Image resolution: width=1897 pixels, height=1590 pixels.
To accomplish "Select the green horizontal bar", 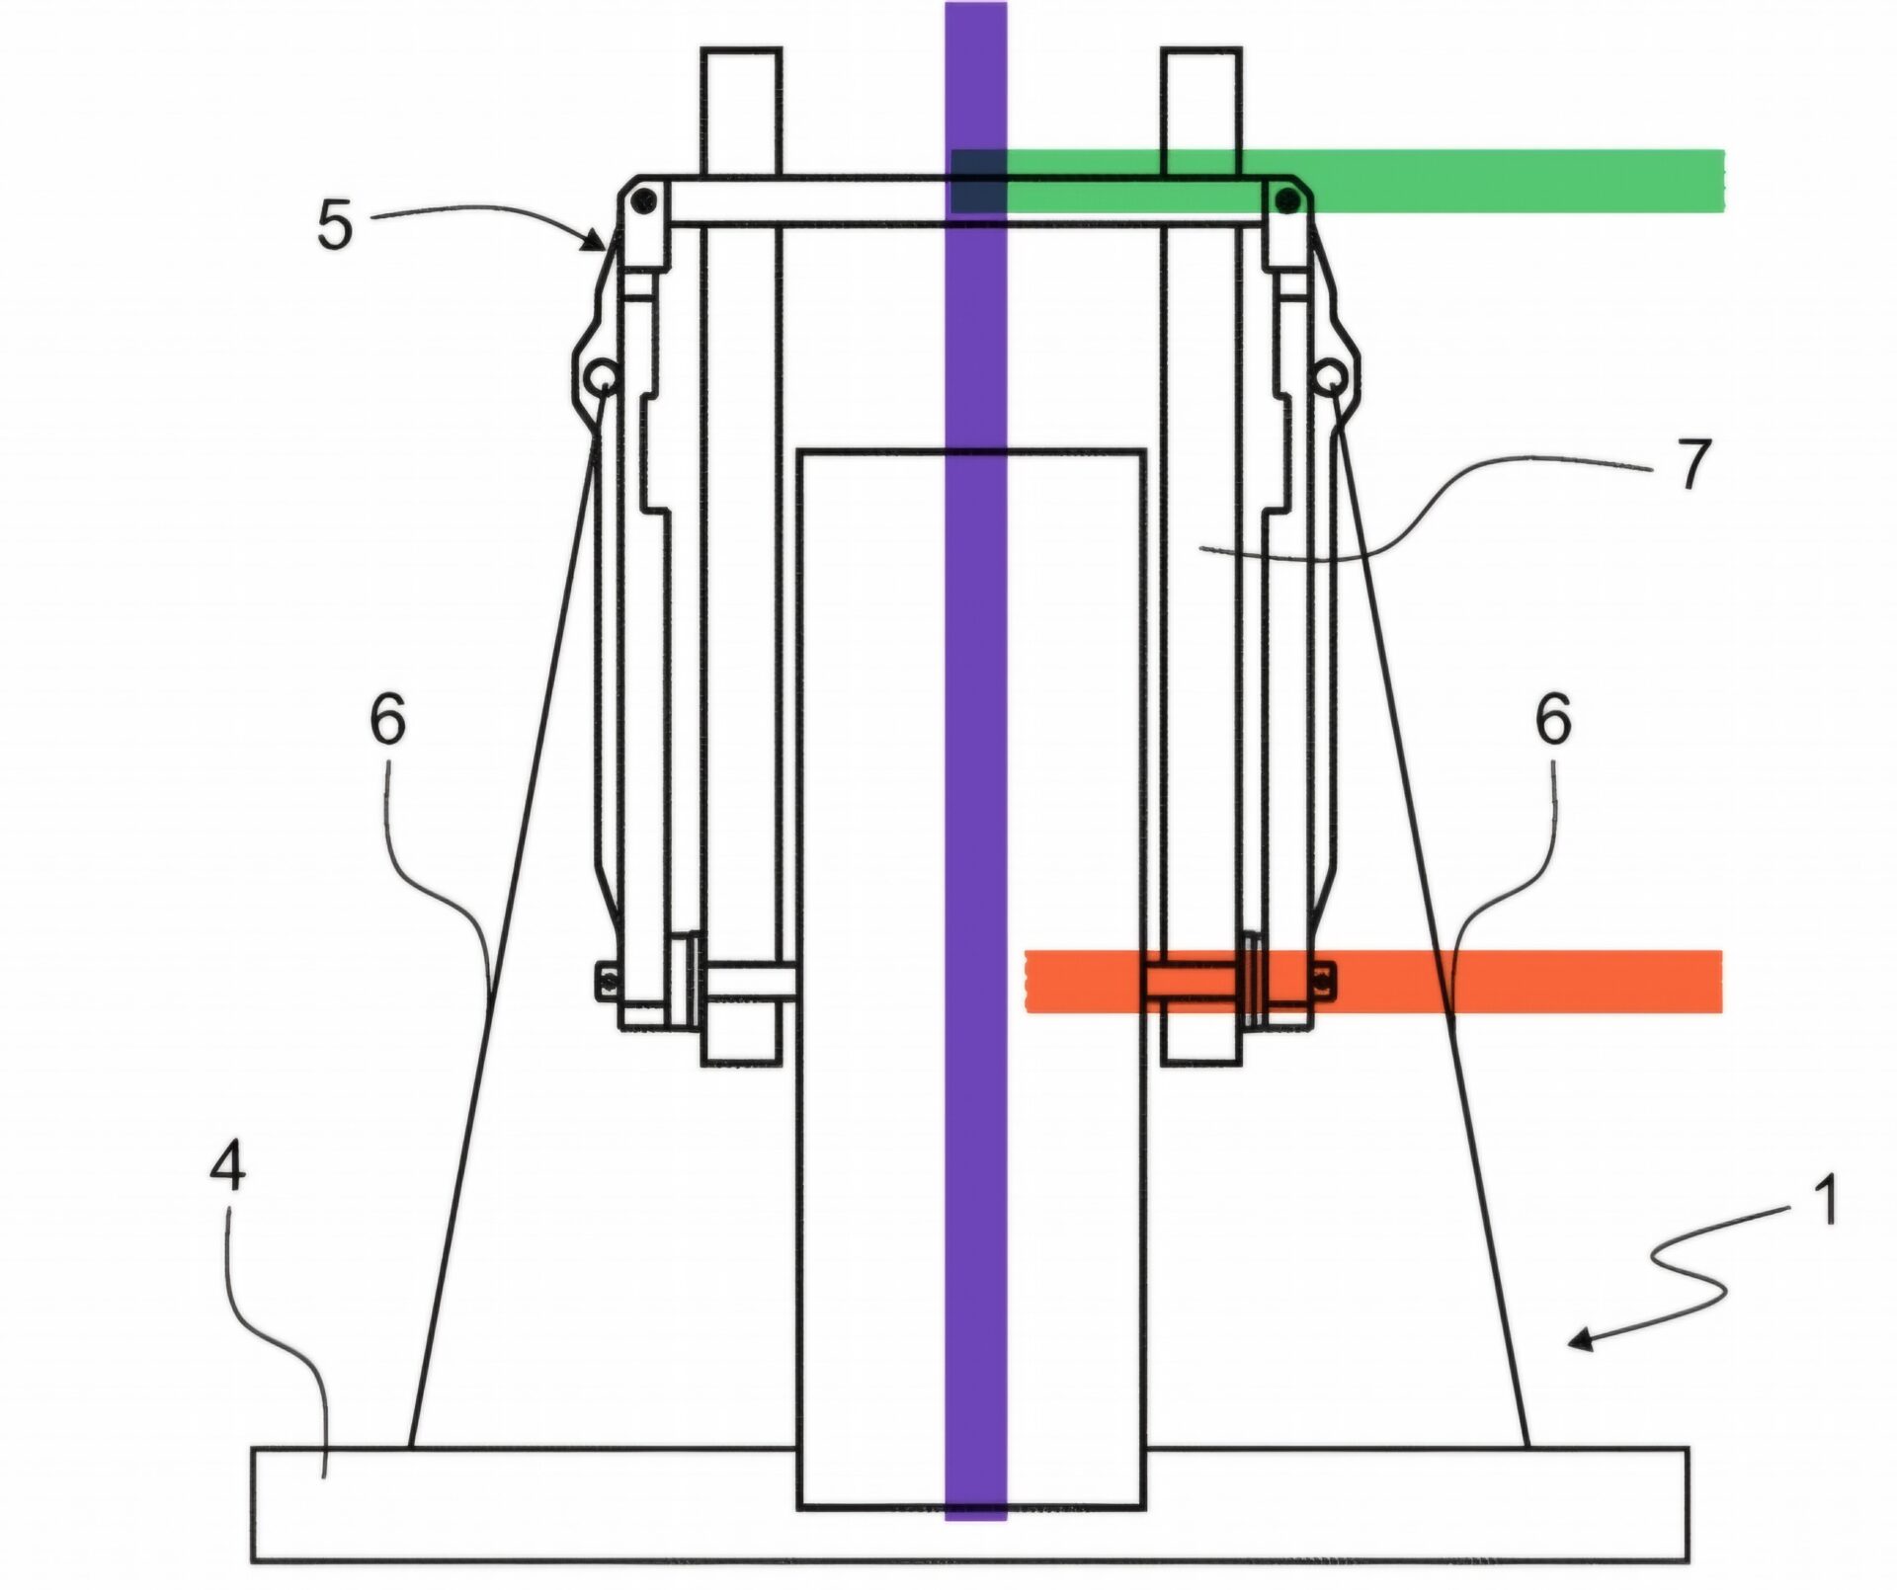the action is tap(1338, 181).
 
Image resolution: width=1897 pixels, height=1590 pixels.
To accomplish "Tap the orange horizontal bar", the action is tap(1373, 981).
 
